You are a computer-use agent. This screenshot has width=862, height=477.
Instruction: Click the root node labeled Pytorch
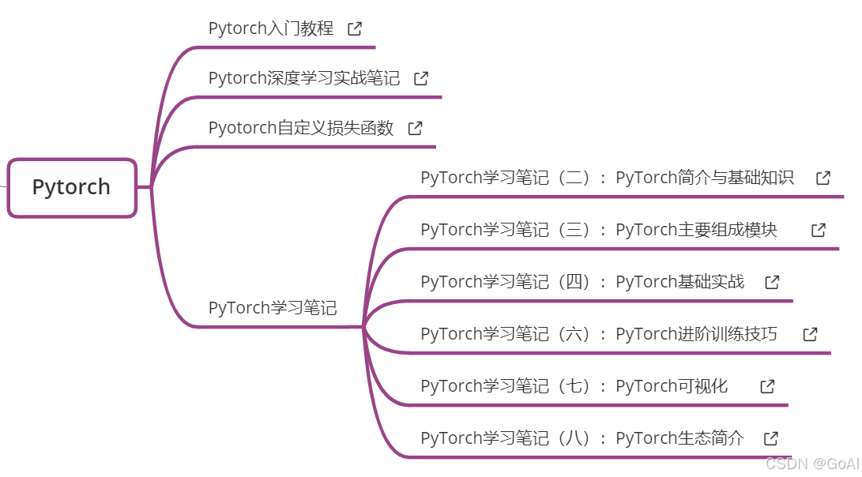[x=72, y=187]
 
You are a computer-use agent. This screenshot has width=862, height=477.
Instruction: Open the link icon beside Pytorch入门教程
[x=356, y=28]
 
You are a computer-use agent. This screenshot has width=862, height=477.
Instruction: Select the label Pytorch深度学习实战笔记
[x=304, y=78]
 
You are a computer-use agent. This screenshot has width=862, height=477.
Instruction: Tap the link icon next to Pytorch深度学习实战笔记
[x=422, y=78]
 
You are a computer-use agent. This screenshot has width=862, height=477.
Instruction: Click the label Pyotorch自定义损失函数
[x=301, y=128]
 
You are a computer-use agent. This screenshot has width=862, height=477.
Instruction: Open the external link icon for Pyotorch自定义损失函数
[x=416, y=128]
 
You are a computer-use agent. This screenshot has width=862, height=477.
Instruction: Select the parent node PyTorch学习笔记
[x=273, y=308]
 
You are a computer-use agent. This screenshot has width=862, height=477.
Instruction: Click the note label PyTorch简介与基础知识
[x=607, y=178]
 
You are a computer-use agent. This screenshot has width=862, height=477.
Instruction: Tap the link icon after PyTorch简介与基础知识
[x=823, y=178]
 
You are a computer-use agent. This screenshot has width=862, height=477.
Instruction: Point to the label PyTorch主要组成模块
[x=598, y=230]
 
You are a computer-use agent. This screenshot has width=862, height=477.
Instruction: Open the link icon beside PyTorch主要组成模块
[x=819, y=230]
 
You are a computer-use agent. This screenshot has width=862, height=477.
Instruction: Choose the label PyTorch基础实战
[x=582, y=282]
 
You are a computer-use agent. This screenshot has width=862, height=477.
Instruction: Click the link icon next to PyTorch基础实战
[x=773, y=282]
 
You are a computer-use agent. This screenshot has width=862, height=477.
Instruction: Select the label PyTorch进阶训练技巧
[x=598, y=334]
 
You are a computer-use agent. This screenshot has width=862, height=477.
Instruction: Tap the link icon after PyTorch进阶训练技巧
[x=810, y=334]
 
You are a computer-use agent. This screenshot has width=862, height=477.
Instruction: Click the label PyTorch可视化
[x=574, y=386]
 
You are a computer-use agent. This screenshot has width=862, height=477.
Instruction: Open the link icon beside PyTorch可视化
[x=767, y=386]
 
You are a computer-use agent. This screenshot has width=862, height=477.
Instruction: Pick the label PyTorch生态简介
[x=582, y=438]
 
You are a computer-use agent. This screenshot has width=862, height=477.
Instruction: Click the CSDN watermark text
[x=811, y=464]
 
